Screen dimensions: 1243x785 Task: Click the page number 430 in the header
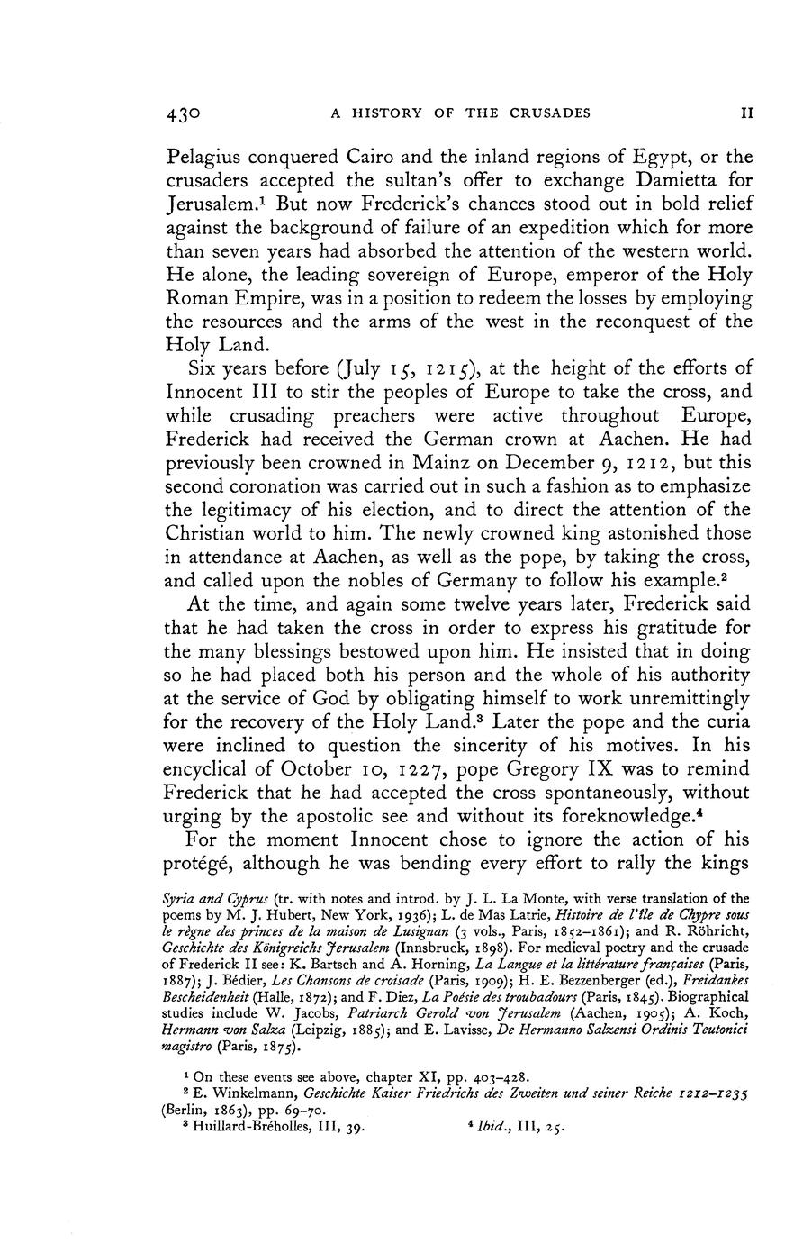click(x=183, y=113)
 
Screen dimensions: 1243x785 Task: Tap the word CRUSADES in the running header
click(x=546, y=113)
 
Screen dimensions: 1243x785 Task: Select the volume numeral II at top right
click(x=745, y=113)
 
